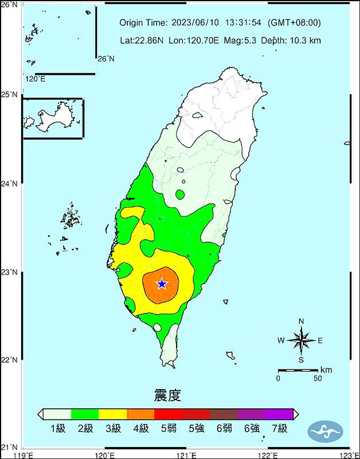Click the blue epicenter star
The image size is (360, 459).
162,283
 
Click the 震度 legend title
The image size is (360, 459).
167,395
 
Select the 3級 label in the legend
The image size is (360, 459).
112,429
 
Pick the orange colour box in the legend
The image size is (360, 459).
140,414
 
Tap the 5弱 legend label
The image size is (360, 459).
168,429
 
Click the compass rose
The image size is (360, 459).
301,340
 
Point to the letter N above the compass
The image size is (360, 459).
301,321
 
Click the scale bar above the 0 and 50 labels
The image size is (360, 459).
298,371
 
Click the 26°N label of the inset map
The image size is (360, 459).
106,59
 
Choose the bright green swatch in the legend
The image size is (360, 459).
85,414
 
